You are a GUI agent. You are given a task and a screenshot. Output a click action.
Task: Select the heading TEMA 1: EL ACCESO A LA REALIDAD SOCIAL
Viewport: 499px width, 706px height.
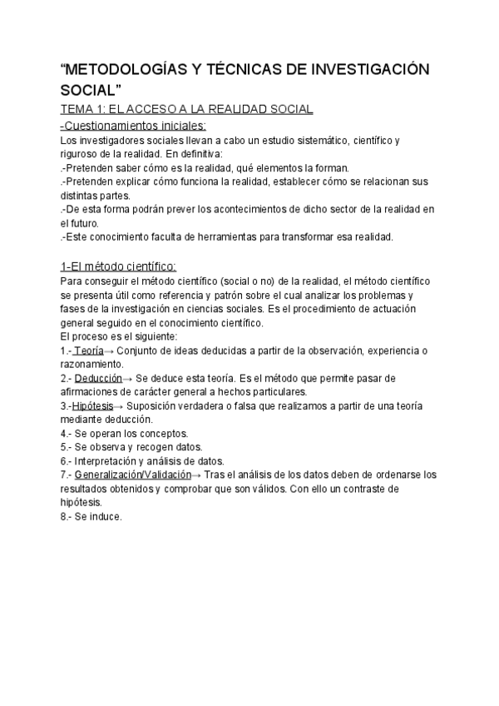pyautogui.click(x=187, y=110)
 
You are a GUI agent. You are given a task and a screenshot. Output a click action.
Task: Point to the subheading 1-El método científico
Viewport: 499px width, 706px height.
pyautogui.click(x=118, y=266)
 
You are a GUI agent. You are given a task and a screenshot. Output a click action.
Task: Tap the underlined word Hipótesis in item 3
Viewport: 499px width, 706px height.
pyautogui.click(x=92, y=405)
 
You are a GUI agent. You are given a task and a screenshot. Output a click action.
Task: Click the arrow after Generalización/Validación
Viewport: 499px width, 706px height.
pyautogui.click(x=196, y=475)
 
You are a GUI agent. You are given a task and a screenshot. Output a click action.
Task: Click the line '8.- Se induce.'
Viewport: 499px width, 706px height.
pyautogui.click(x=91, y=516)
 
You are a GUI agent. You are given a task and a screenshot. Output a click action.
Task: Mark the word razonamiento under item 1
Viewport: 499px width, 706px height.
pyautogui.click(x=91, y=364)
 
